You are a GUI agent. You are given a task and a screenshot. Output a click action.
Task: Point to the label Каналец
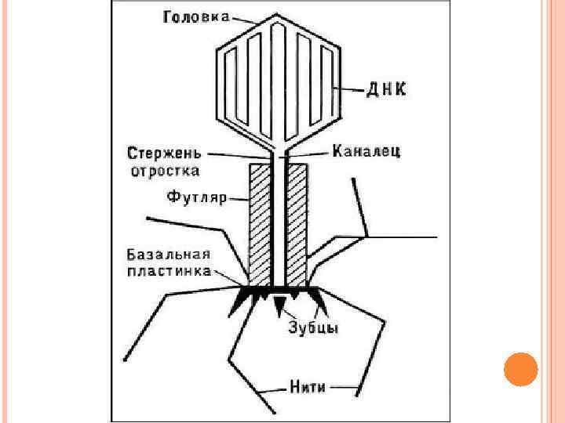point(366,150)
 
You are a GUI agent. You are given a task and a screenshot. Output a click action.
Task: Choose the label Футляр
point(195,198)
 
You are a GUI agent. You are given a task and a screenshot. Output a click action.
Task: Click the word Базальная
point(168,254)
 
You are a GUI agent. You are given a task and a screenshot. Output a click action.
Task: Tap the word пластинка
point(168,271)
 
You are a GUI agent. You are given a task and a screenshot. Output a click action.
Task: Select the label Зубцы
point(314,329)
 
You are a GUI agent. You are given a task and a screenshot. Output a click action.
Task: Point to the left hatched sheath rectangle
point(260,224)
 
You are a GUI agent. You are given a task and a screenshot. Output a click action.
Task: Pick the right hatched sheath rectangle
point(296,224)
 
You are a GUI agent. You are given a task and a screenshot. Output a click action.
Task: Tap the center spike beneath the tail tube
point(279,305)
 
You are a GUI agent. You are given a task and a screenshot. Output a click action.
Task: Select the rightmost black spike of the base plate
point(322,302)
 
